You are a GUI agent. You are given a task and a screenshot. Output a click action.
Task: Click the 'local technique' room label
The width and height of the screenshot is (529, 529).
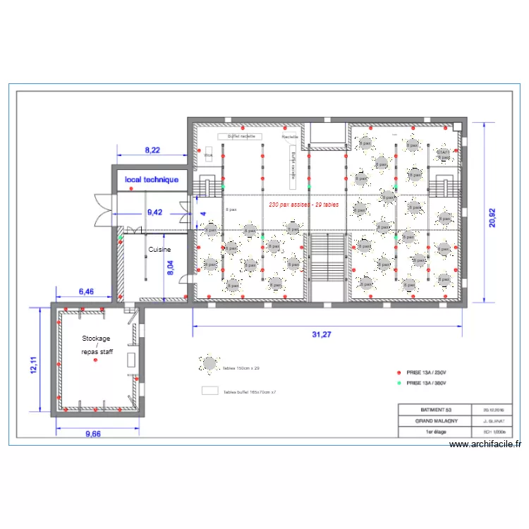coord(152,180)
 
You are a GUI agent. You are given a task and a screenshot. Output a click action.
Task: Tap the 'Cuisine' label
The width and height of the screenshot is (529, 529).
coord(159,250)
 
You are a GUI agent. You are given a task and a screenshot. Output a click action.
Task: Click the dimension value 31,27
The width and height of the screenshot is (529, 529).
coord(321,334)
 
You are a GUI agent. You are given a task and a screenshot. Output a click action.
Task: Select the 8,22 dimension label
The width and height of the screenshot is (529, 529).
coord(152,150)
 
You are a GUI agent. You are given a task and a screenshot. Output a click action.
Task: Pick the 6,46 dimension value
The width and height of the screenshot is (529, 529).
coord(86,291)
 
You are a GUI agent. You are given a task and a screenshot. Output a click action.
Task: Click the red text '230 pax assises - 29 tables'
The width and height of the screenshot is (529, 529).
coord(303,205)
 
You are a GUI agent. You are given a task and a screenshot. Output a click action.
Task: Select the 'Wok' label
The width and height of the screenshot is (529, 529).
coord(208,155)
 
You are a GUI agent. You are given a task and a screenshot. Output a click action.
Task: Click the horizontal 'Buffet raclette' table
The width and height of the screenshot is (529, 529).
coord(241,136)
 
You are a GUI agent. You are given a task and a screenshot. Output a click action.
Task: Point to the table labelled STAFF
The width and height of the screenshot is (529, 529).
coord(442,153)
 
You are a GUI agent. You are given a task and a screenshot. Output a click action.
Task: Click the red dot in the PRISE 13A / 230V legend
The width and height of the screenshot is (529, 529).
coord(399,372)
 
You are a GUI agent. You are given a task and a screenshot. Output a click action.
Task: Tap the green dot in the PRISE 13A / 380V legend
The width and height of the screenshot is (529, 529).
coord(399,383)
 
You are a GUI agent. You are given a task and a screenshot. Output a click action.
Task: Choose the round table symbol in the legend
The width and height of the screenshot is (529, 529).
coord(210,365)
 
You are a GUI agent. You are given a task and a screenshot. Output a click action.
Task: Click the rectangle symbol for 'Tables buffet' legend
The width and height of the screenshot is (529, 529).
coord(210,390)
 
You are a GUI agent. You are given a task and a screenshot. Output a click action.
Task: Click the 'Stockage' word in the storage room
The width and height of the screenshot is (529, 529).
coord(96,339)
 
